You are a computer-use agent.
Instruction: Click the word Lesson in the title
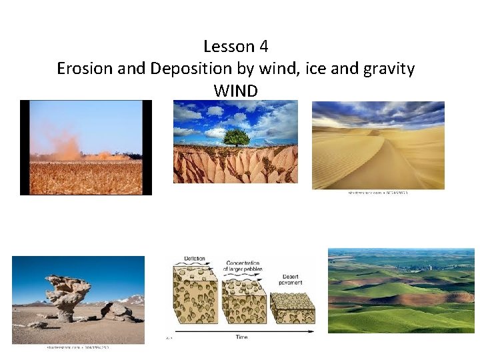click(228, 47)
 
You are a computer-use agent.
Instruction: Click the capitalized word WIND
click(235, 91)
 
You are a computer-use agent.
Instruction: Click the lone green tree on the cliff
click(237, 137)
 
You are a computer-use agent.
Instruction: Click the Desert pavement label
click(291, 279)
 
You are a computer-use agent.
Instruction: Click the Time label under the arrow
click(241, 337)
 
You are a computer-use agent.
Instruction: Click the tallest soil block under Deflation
click(194, 297)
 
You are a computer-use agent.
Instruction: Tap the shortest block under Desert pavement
click(293, 308)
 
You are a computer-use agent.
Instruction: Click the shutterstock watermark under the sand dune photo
click(377, 193)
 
